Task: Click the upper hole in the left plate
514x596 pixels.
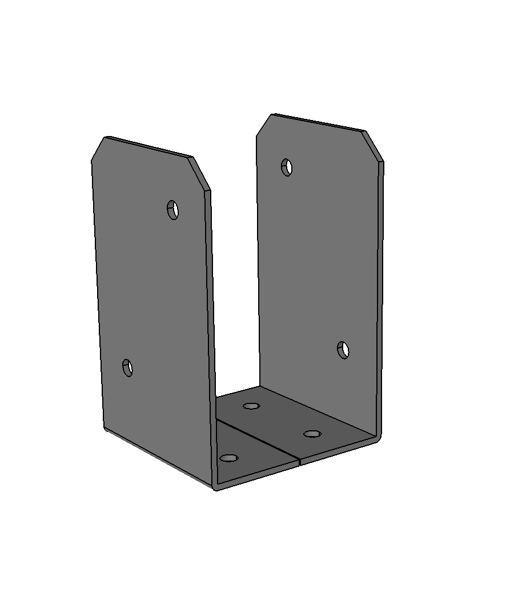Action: click(172, 210)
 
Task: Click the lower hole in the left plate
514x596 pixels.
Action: click(127, 367)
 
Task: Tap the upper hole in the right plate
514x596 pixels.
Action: click(287, 167)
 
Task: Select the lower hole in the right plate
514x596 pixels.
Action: click(343, 349)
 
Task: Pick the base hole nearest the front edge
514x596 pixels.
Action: click(229, 458)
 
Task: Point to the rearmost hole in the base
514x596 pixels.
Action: click(251, 406)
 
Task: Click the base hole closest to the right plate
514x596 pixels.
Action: click(312, 434)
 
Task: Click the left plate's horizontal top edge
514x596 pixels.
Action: click(148, 146)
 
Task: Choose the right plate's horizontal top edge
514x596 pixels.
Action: click(317, 122)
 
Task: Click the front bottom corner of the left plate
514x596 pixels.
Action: click(215, 487)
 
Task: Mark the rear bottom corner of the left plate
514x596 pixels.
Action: click(105, 427)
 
